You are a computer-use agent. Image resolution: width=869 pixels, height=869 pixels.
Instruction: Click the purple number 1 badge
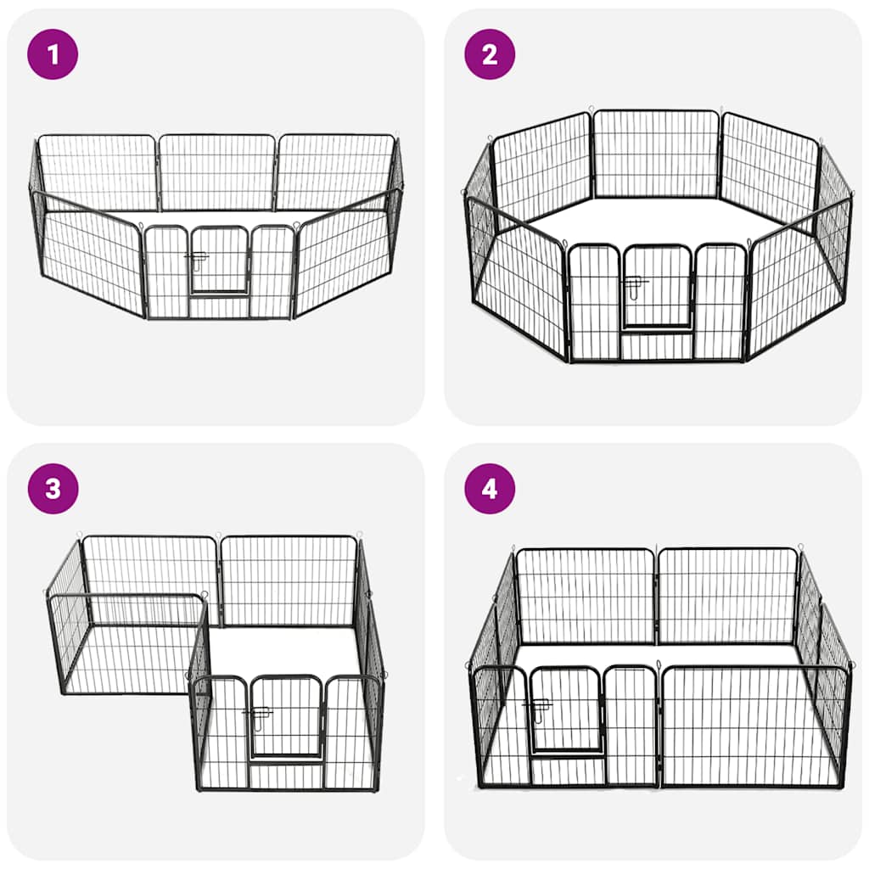pos(53,54)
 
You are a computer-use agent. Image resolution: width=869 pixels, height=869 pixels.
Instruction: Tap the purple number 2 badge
pos(490,54)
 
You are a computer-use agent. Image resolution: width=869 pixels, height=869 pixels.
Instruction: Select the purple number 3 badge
pos(53,489)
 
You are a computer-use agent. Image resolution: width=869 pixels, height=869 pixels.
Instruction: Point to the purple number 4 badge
pos(490,489)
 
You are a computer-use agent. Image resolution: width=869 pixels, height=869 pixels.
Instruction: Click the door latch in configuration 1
pos(194,256)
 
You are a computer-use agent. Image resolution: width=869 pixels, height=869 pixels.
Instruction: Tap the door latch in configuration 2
pos(634,283)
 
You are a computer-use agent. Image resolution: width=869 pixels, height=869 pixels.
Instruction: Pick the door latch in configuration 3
pos(256,711)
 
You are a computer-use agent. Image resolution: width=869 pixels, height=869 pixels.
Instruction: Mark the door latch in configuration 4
pos(537,704)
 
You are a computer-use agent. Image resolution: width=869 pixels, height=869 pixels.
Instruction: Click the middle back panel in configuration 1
pos(217,172)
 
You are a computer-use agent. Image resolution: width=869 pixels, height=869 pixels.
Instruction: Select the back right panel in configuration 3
pos(289,581)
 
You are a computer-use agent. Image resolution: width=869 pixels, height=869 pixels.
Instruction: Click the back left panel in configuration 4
pos(586,596)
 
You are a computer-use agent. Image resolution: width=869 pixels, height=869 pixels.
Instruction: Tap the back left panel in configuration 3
pos(149,567)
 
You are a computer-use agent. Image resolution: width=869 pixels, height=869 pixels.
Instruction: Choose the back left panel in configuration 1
pos(98,172)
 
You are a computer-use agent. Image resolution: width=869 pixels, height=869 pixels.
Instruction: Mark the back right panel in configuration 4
pos(728,596)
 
